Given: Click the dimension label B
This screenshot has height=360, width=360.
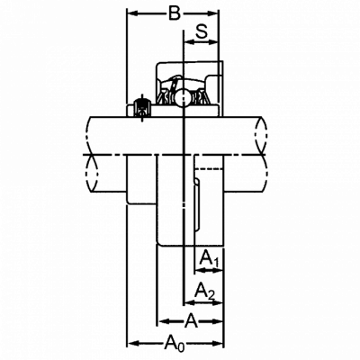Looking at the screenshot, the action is pos(175,13).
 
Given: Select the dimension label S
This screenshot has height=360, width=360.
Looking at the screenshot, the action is pos(202,31).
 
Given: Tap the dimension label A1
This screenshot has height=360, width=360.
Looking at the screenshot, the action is pos(210,259).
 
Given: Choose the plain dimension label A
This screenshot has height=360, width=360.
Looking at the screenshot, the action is pos(191,321).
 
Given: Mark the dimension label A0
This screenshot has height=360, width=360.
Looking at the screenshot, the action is pos(175,343).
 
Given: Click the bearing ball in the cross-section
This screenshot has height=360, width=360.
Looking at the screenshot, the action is pos(183,97).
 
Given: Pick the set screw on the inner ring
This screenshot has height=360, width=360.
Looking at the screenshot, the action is pos(142,107).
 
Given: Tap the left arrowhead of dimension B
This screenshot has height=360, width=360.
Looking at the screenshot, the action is pos(133,13).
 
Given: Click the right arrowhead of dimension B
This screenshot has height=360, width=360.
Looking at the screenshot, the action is pos(213,13).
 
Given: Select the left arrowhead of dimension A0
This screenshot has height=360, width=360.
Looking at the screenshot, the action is pos(133,343).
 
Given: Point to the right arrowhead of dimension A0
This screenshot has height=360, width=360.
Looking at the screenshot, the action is pos(218,343).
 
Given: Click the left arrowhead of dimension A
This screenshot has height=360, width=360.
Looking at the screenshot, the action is pos(163,321).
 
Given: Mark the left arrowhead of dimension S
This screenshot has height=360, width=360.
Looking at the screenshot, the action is pos(189,42).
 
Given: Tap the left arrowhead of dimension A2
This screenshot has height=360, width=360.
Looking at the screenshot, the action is pos(189,303).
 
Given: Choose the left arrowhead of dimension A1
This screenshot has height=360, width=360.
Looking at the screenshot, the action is pos(200,271).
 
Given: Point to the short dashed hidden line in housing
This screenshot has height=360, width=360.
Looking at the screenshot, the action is pos(209,169).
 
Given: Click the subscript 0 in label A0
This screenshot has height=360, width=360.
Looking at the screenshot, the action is pos(180,347).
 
